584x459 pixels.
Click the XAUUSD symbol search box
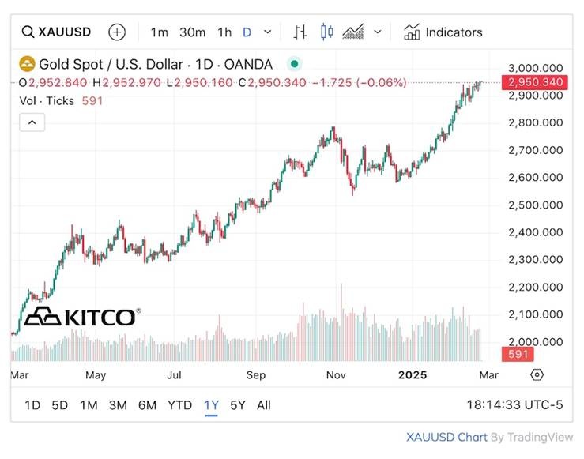coord(56,32)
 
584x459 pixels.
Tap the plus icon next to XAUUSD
coord(117,32)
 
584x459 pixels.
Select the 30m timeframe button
coord(192,32)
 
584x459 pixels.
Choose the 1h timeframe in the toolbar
coord(224,32)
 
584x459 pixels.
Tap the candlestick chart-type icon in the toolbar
coord(326,32)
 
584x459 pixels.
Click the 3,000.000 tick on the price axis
coord(535,68)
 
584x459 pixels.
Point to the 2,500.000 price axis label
coord(535,205)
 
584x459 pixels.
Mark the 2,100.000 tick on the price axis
coord(535,314)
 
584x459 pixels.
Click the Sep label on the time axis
coord(256,374)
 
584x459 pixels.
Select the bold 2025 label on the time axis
coord(413,374)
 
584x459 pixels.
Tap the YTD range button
coord(179,405)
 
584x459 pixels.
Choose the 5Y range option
coord(237,405)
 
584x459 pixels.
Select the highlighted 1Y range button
coord(211,405)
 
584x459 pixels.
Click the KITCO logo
coord(82,317)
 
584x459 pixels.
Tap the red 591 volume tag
coord(518,355)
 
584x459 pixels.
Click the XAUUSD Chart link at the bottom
coord(446,437)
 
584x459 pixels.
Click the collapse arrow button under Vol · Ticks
coord(32,122)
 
